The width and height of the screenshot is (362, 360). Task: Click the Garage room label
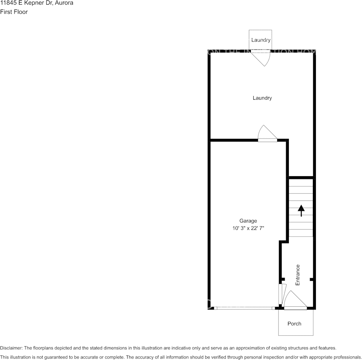click(248, 221)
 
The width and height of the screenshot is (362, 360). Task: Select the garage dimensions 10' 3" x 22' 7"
click(248, 228)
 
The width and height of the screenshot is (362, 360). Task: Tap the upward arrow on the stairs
click(301, 210)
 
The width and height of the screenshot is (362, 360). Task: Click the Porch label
click(294, 323)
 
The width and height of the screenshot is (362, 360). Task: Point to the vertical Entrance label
click(298, 275)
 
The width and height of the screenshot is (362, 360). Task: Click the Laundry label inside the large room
click(262, 98)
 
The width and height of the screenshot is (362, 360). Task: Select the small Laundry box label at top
click(261, 40)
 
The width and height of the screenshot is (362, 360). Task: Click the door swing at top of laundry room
click(262, 58)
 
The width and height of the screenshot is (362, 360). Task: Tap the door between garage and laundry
click(267, 134)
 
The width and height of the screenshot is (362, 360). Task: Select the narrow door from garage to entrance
click(282, 295)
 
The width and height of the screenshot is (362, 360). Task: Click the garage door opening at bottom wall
click(244, 308)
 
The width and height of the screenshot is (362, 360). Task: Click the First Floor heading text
click(14, 12)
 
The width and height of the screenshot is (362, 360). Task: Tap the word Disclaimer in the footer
click(11, 348)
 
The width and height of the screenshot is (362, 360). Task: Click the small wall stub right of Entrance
click(312, 280)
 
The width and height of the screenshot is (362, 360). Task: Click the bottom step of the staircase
click(301, 233)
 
